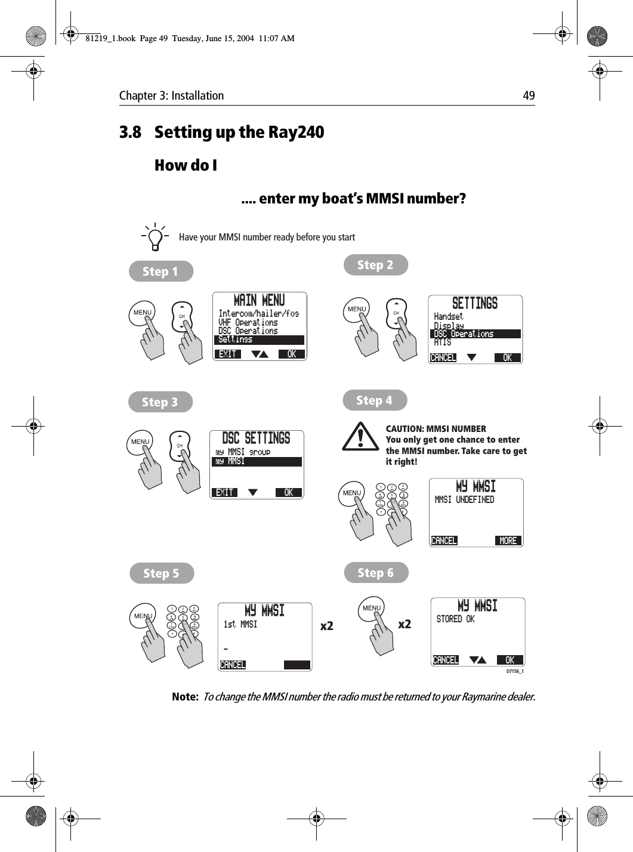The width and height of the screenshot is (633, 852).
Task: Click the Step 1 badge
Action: [160, 271]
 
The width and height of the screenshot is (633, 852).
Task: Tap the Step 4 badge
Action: [375, 400]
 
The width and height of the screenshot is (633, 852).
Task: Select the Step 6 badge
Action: [376, 573]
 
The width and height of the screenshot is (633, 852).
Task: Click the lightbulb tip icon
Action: [155, 237]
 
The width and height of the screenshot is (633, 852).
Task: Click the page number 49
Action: [529, 95]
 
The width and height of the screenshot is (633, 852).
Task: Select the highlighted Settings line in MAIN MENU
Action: [259, 339]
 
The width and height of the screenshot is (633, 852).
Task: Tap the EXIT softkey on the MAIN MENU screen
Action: [227, 354]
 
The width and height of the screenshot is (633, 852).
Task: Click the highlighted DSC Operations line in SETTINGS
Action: [475, 334]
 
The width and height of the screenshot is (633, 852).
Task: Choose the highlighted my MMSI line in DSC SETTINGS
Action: [257, 461]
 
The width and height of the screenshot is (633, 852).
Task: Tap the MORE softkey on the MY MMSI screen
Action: [508, 541]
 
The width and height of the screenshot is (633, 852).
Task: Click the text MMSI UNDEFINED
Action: [464, 500]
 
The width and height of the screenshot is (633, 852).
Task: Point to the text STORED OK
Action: [455, 619]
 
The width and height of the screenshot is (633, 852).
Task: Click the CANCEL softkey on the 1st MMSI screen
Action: [233, 665]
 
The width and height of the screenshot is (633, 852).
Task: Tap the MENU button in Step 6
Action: [371, 608]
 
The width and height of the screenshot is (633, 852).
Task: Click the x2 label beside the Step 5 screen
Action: [326, 626]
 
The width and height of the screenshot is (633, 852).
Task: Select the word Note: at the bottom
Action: [185, 697]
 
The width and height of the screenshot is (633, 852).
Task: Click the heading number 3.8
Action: [131, 132]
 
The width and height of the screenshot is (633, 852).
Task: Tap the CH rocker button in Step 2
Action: [396, 313]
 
